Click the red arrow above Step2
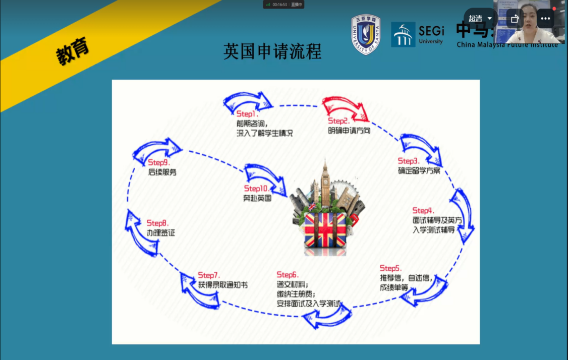point(346,107)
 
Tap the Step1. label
point(247,114)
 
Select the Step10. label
point(256,189)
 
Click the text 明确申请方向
point(349,131)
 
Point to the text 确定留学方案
point(419,170)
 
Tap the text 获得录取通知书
point(222,285)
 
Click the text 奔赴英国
point(257,198)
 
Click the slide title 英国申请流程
point(272,51)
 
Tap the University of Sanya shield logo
point(366,34)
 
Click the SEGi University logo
point(418,34)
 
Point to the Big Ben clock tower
point(324,183)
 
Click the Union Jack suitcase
point(325,229)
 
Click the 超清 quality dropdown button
point(480,19)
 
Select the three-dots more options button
point(545,19)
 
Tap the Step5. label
point(390,268)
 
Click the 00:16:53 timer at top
point(279,4)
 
